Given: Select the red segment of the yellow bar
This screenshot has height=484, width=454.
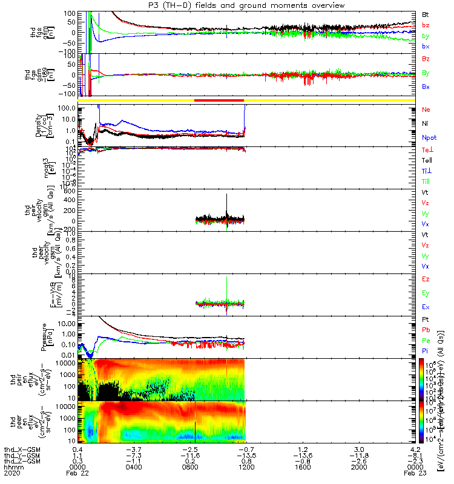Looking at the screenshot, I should [219, 100].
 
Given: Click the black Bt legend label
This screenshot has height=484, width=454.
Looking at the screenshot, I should [426, 13].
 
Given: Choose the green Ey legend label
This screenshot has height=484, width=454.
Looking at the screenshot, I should [426, 293].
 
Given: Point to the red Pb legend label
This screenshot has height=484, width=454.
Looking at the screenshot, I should [426, 330].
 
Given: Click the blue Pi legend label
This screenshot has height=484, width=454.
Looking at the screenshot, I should [426, 350].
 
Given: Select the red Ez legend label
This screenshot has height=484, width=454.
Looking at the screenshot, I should [426, 279].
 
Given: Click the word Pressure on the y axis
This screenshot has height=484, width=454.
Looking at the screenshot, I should [39, 336].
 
